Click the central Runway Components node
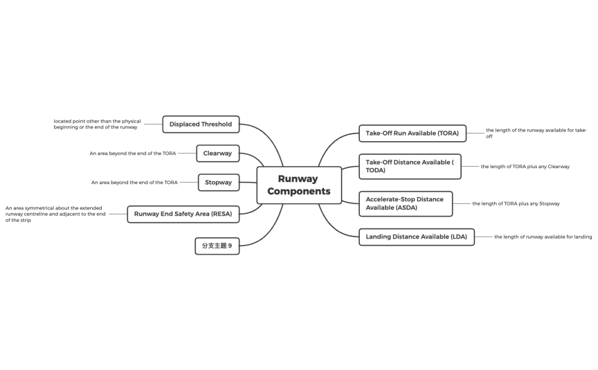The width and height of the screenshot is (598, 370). (299, 185)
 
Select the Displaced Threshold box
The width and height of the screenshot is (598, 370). (201, 124)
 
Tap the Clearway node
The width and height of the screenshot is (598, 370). (217, 153)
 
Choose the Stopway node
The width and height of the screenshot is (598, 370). (218, 183)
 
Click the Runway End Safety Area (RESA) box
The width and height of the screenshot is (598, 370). (183, 214)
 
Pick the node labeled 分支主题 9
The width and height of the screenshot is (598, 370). (217, 246)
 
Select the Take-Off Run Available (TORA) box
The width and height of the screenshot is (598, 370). (412, 133)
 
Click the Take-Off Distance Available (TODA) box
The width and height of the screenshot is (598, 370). (409, 166)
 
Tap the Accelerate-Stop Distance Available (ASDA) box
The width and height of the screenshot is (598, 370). (405, 203)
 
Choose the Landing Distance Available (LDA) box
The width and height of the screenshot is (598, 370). (416, 237)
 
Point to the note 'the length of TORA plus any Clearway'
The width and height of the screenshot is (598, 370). (525, 167)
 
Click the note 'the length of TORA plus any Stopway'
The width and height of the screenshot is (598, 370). (516, 203)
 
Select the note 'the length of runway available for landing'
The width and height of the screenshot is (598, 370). (543, 237)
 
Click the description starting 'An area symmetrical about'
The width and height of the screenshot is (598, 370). (55, 214)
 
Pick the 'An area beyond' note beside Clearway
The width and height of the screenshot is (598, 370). (133, 153)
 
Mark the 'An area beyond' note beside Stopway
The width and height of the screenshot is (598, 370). (134, 183)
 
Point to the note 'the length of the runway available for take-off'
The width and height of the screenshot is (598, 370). (536, 133)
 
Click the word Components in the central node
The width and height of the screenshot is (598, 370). (299, 192)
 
